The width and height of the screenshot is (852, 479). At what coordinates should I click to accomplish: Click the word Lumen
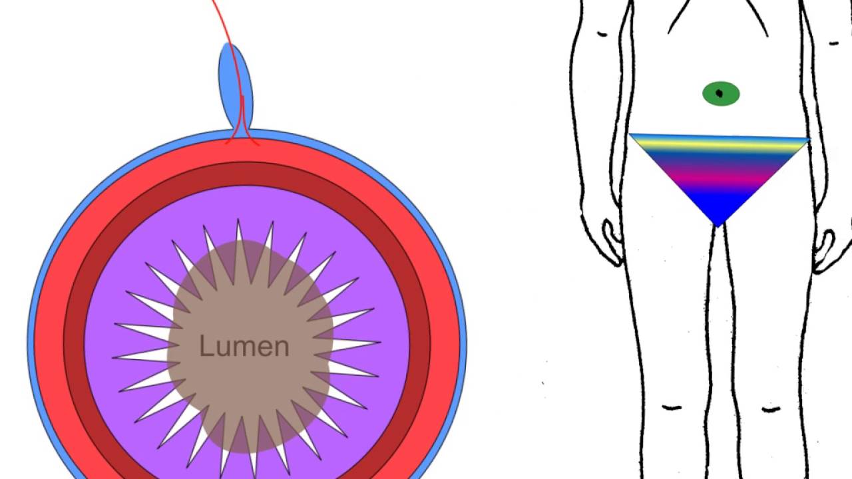[x=244, y=347]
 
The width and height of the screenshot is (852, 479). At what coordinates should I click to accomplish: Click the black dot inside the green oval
[x=720, y=94]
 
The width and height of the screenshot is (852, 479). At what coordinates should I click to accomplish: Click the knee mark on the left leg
[x=672, y=407]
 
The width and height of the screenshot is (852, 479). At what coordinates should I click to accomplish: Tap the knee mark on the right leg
[x=770, y=408]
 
